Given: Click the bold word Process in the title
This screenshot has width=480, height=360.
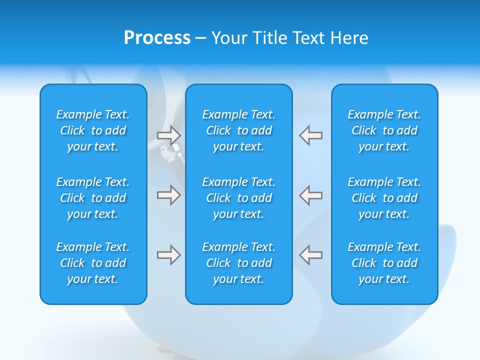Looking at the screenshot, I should click(x=157, y=38).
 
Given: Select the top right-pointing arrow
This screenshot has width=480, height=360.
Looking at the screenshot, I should click(x=168, y=135).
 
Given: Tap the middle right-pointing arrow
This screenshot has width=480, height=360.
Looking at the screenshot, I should click(x=168, y=195).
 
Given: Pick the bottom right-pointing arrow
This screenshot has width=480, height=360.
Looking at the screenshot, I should click(x=168, y=255).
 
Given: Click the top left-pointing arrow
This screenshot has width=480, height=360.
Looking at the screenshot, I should click(x=310, y=135).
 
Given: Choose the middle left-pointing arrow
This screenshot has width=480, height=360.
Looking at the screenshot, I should click(x=310, y=195).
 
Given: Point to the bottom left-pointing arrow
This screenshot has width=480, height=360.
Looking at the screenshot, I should click(x=310, y=255).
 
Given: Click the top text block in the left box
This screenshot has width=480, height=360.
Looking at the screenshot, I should click(x=93, y=130).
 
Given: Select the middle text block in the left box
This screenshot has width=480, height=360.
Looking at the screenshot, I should click(x=93, y=198).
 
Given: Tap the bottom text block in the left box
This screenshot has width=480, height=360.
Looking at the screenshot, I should click(x=93, y=263).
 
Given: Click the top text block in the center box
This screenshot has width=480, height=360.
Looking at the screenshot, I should click(x=238, y=130).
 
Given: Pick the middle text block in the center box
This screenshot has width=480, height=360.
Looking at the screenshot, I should click(x=238, y=198).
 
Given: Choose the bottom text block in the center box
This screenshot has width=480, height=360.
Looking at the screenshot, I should click(x=238, y=263).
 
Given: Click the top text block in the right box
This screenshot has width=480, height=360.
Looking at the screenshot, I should click(x=384, y=130).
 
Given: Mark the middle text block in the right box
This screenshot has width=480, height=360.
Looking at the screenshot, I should click(x=384, y=198).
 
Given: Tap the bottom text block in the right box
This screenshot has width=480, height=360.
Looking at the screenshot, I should click(x=384, y=263).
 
